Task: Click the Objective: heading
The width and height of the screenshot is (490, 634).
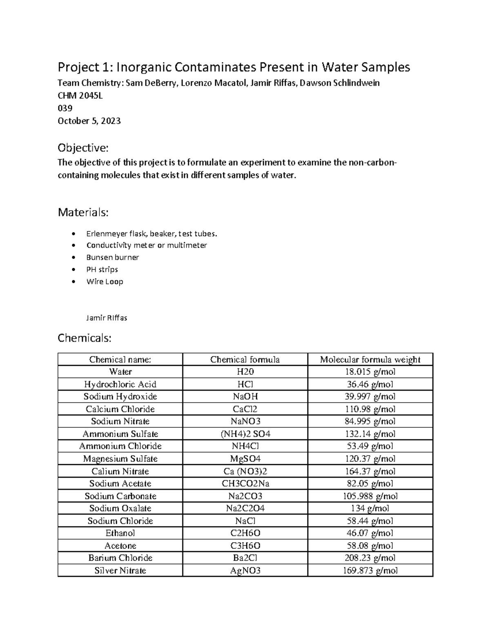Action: [83, 147]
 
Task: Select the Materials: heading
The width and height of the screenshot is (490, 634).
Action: [83, 212]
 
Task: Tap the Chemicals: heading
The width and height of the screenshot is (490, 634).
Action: [85, 338]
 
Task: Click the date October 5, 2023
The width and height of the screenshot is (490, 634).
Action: [89, 121]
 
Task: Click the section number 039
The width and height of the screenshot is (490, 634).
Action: [65, 108]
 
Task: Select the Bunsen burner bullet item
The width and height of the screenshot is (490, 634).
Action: [112, 257]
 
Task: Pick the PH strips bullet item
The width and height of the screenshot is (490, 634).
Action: [102, 269]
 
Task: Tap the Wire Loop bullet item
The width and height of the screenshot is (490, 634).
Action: [105, 281]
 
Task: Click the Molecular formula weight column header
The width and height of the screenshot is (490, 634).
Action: [370, 359]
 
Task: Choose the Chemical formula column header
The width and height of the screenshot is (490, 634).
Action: [245, 359]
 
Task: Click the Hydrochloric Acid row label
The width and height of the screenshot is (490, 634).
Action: [120, 384]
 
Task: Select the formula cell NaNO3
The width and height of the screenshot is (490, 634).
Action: [245, 421]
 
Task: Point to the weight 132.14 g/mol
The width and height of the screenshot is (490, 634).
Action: [370, 434]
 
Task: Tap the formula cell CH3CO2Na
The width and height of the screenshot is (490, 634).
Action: [245, 483]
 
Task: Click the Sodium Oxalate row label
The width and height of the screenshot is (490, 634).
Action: [120, 508]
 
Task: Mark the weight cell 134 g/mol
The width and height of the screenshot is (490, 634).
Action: [370, 508]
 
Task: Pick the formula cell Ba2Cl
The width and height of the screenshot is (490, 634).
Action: [245, 558]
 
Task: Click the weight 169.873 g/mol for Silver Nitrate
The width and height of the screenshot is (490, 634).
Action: [370, 570]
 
